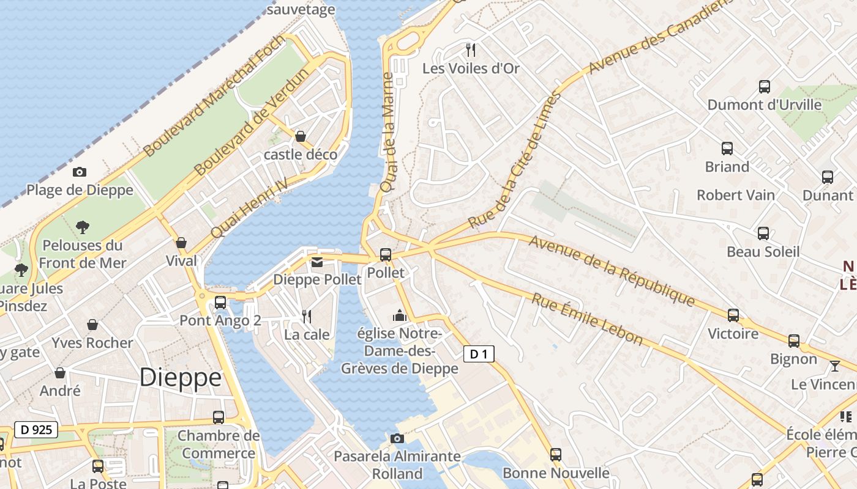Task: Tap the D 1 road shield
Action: click(x=478, y=354)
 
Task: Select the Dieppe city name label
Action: click(x=180, y=377)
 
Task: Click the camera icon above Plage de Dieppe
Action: click(x=80, y=172)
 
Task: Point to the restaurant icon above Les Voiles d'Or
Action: click(x=471, y=50)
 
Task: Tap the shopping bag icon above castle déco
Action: click(x=301, y=136)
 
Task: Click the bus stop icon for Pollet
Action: click(x=386, y=254)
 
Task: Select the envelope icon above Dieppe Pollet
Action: click(x=317, y=262)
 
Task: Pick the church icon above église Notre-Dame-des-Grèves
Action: click(x=400, y=315)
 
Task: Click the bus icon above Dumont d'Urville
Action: click(x=765, y=87)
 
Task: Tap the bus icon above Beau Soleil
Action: click(x=763, y=233)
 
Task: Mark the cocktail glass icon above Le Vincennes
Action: click(x=835, y=366)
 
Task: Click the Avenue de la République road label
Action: click(x=612, y=271)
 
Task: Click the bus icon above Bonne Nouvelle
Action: click(x=556, y=455)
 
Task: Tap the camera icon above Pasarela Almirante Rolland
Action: click(x=397, y=438)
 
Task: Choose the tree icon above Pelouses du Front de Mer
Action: click(x=83, y=227)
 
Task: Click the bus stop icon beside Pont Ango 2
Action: click(x=220, y=303)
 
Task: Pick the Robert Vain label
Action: click(x=736, y=195)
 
